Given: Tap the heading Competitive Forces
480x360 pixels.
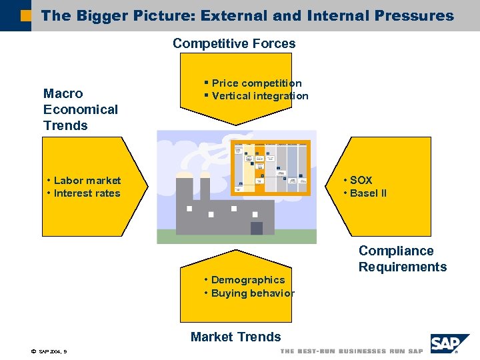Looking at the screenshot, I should tap(234, 44).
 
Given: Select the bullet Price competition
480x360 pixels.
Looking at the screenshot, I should tap(256, 83).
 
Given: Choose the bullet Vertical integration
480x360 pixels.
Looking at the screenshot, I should tap(259, 96).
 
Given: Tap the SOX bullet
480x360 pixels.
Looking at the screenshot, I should tap(361, 181).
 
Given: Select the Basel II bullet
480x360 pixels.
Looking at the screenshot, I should tap(368, 193).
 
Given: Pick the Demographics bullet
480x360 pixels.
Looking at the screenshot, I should tap(247, 280).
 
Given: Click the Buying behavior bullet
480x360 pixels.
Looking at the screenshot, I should tap(252, 293).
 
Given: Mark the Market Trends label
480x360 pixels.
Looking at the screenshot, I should tap(235, 337).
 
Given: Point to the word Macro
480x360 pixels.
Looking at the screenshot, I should tap(63, 94).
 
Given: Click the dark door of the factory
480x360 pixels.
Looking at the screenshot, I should tap(256, 228).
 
